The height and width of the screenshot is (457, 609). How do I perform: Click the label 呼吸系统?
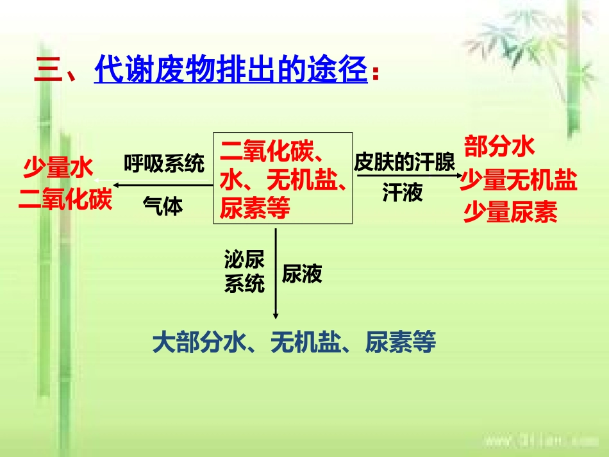[x=164, y=164]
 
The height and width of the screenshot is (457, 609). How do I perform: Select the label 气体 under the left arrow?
[x=163, y=206]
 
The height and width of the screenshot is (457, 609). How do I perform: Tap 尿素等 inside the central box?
[x=255, y=208]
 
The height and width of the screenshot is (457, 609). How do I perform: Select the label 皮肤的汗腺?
[x=405, y=163]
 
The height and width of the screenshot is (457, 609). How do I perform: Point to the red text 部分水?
[x=499, y=147]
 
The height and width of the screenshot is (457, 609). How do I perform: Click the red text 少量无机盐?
[x=519, y=181]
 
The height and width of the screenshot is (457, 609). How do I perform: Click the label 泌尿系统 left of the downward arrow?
[x=244, y=271]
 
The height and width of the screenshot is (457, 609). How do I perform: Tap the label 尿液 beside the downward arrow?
[x=302, y=274]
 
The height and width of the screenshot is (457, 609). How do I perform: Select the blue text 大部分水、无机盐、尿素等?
[x=294, y=343]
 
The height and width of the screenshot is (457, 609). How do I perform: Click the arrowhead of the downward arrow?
[x=276, y=315]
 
